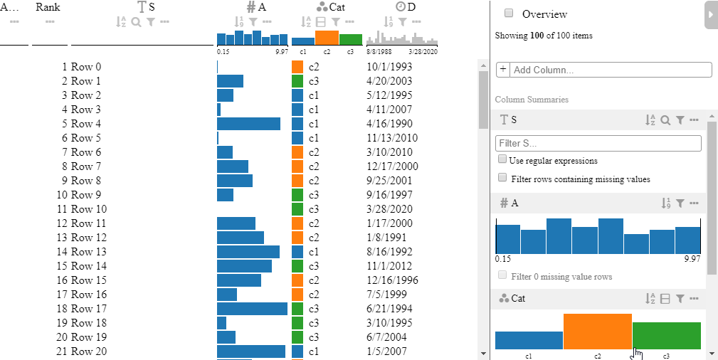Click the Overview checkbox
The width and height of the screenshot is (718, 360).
509,13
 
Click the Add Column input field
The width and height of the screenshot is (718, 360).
611,70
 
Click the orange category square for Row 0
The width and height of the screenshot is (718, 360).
297,67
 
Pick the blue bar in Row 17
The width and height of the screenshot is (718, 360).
252,308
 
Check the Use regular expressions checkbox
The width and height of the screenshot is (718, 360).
503,160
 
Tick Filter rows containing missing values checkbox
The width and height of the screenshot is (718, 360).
503,178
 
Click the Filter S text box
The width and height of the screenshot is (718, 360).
598,144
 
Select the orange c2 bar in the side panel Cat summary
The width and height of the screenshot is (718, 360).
598,332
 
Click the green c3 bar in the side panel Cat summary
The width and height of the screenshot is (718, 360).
667,336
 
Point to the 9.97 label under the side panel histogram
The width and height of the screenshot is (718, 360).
692,259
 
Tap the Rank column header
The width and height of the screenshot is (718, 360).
48,8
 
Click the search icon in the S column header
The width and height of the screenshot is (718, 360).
136,21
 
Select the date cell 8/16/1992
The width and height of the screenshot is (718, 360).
389,251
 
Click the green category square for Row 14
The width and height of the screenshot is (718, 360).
297,265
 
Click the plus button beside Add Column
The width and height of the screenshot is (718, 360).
503,70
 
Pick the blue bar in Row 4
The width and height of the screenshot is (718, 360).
248,123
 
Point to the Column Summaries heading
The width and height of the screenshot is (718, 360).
532,100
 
